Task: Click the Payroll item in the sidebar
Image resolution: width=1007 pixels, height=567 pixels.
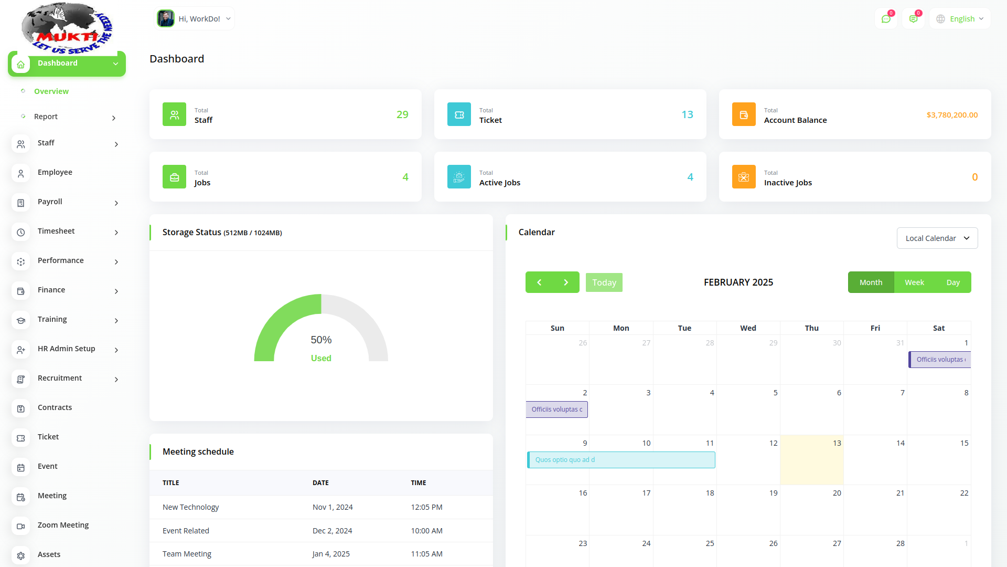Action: [x=50, y=202]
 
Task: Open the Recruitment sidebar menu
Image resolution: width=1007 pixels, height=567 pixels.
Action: [x=60, y=379]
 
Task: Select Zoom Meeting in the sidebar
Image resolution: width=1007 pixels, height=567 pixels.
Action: [x=63, y=526]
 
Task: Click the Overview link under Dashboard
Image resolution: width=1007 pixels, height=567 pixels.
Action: [x=51, y=91]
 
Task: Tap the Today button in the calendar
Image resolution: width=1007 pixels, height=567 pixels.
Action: [x=604, y=282]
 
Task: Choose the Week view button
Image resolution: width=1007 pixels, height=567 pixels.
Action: [x=914, y=282]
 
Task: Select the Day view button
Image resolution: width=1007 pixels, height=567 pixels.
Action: [x=953, y=282]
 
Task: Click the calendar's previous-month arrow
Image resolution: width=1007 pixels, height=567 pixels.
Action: [x=539, y=282]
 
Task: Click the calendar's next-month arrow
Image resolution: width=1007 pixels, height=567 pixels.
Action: [x=566, y=282]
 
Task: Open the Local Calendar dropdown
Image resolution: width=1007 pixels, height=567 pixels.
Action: [x=937, y=238]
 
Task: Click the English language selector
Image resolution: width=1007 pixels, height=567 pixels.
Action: [x=960, y=19]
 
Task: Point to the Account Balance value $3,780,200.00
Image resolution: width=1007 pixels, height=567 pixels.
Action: [x=952, y=115]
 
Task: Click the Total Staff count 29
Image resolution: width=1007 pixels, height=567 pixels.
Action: [x=402, y=114]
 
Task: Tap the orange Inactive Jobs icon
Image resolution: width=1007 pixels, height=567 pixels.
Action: [x=744, y=177]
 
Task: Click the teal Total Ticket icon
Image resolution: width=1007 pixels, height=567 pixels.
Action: [x=459, y=114]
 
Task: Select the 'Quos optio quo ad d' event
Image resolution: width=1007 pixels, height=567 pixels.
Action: [x=620, y=460]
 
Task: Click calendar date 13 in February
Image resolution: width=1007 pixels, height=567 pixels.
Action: [x=837, y=443]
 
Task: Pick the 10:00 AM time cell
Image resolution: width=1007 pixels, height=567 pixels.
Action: [x=426, y=531]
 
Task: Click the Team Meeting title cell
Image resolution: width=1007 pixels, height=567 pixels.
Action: [x=187, y=554]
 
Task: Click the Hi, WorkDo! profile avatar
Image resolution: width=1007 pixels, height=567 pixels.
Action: [x=166, y=19]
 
